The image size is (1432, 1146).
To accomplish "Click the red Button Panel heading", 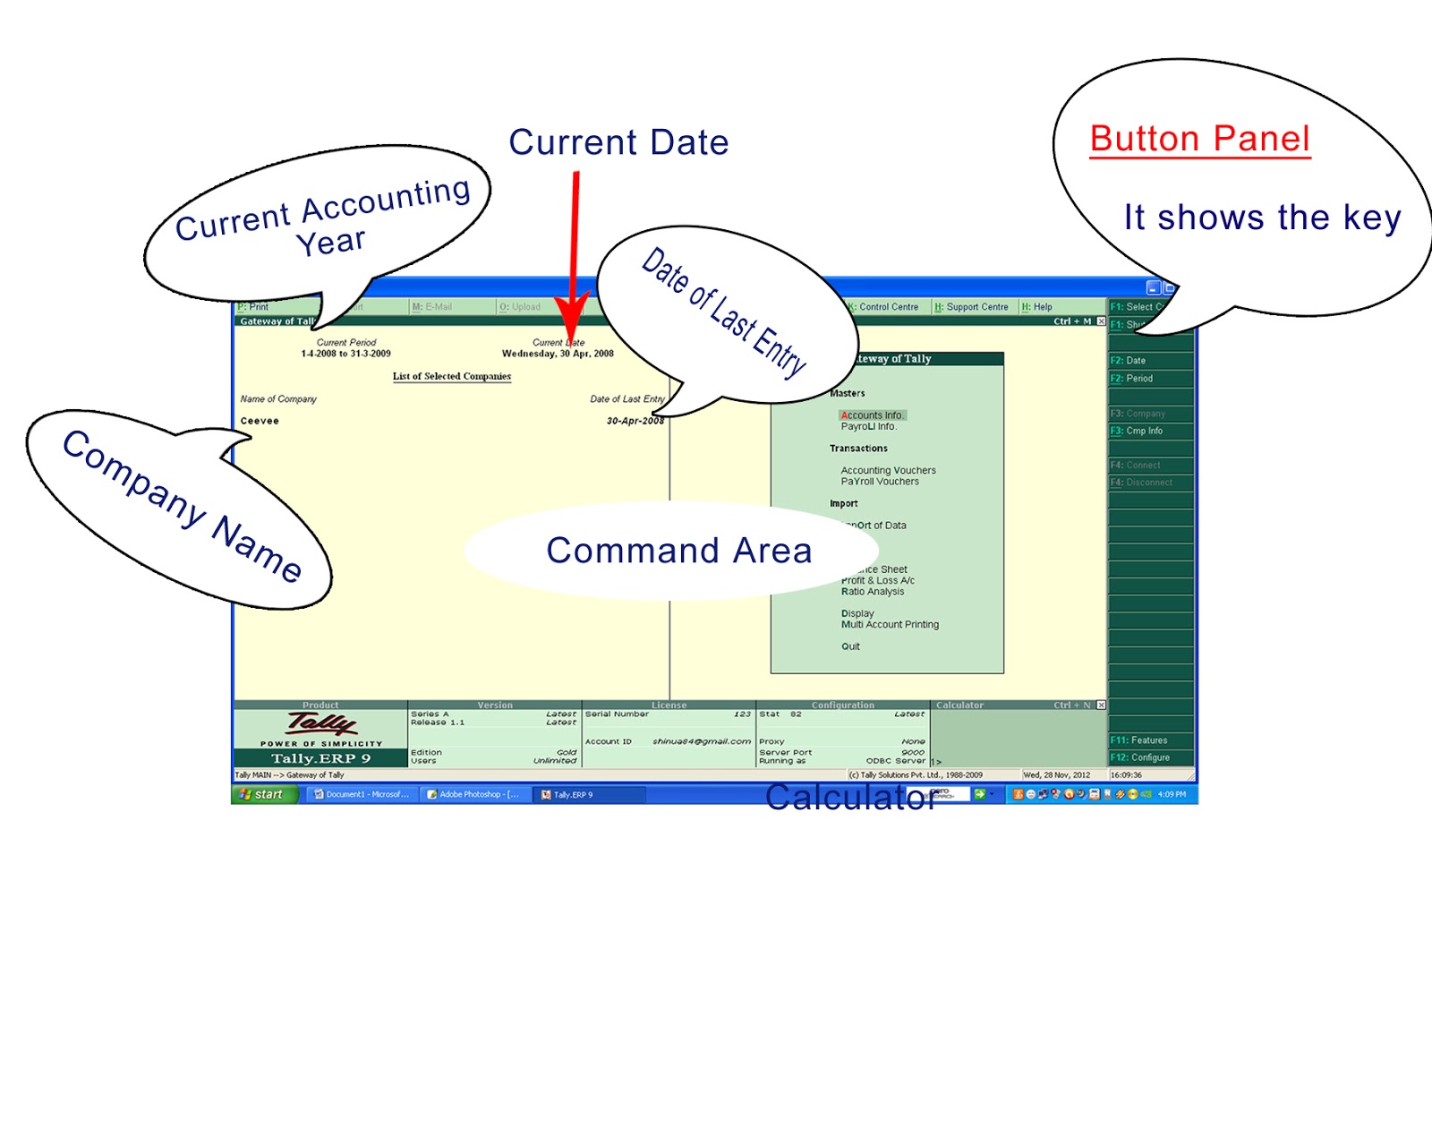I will click(1199, 140).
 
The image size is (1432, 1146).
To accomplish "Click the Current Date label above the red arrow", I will click(618, 142).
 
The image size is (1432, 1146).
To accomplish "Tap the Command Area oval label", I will click(678, 551).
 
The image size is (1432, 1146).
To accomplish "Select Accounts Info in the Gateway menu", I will click(872, 415).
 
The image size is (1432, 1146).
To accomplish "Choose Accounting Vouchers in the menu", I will click(888, 470).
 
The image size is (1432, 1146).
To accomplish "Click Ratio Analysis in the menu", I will click(873, 592).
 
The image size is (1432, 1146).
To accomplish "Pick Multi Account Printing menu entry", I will click(890, 625).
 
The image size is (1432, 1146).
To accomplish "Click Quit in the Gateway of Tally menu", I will click(850, 646).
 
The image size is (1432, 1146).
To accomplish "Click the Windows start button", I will click(262, 794).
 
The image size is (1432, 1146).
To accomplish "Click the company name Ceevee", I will click(260, 421).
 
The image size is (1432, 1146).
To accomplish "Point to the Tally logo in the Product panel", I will click(321, 723).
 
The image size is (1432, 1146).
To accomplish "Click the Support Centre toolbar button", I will click(972, 307).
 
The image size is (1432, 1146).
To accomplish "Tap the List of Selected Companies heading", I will click(452, 376).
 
